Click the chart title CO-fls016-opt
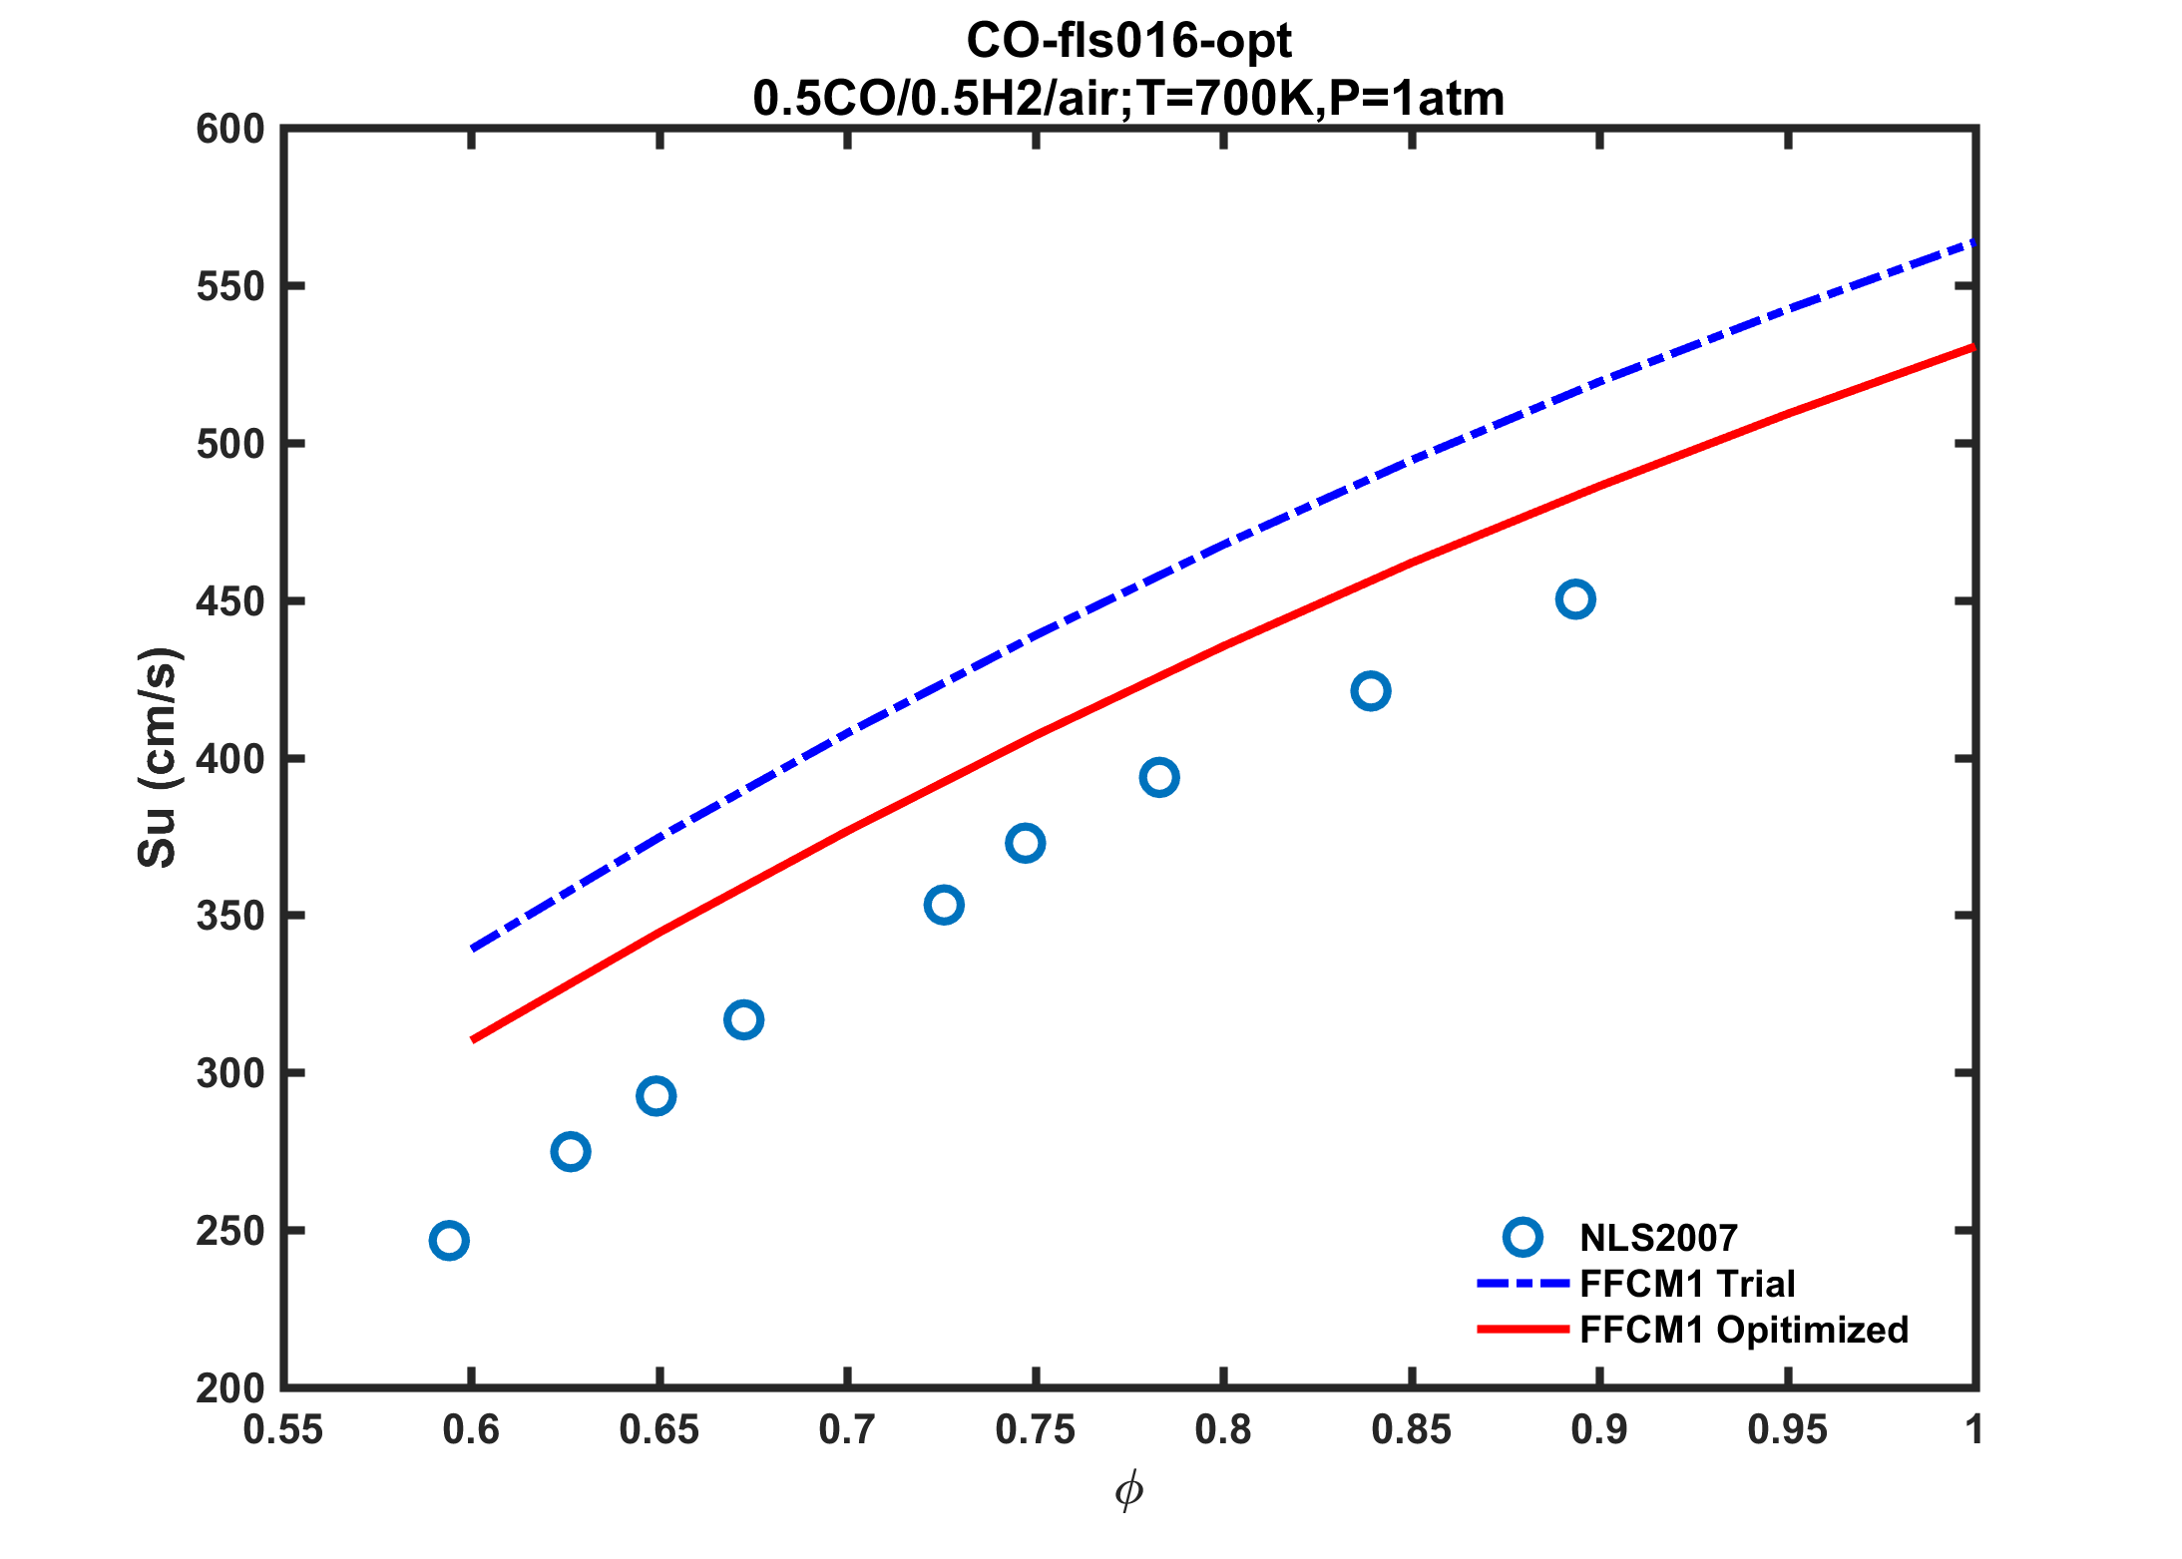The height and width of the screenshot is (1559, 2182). click(x=1128, y=41)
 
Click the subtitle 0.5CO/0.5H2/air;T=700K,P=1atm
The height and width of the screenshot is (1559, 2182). click(x=1128, y=99)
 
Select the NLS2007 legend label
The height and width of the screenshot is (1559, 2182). click(x=1658, y=1238)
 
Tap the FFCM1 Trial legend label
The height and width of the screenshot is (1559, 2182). click(x=1687, y=1284)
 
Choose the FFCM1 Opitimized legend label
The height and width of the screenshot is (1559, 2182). click(x=1744, y=1330)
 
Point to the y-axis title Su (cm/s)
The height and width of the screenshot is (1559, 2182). click(x=157, y=758)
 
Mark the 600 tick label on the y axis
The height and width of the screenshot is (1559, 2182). click(x=230, y=130)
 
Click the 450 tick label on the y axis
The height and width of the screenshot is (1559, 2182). click(x=230, y=601)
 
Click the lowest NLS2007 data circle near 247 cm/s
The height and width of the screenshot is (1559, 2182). click(x=449, y=1241)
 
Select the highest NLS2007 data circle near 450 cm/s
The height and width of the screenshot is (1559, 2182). click(x=1574, y=599)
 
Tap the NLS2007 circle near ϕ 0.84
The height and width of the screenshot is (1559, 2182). click(x=1370, y=691)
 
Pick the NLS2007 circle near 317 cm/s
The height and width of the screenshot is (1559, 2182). click(x=743, y=1020)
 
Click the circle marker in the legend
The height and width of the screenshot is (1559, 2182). click(x=1523, y=1237)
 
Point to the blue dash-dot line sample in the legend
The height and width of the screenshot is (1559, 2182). click(x=1523, y=1284)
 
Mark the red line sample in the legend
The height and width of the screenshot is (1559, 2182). click(x=1523, y=1330)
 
